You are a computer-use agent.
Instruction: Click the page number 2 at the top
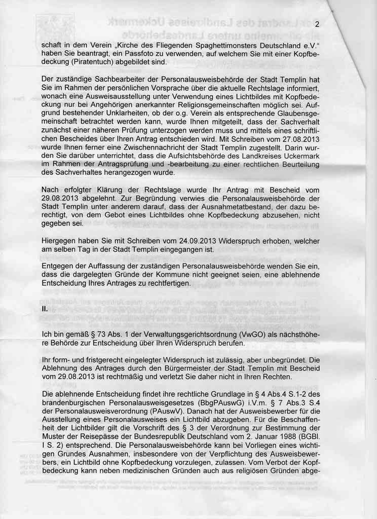(x=317, y=25)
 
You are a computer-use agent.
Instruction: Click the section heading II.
(x=45, y=309)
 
